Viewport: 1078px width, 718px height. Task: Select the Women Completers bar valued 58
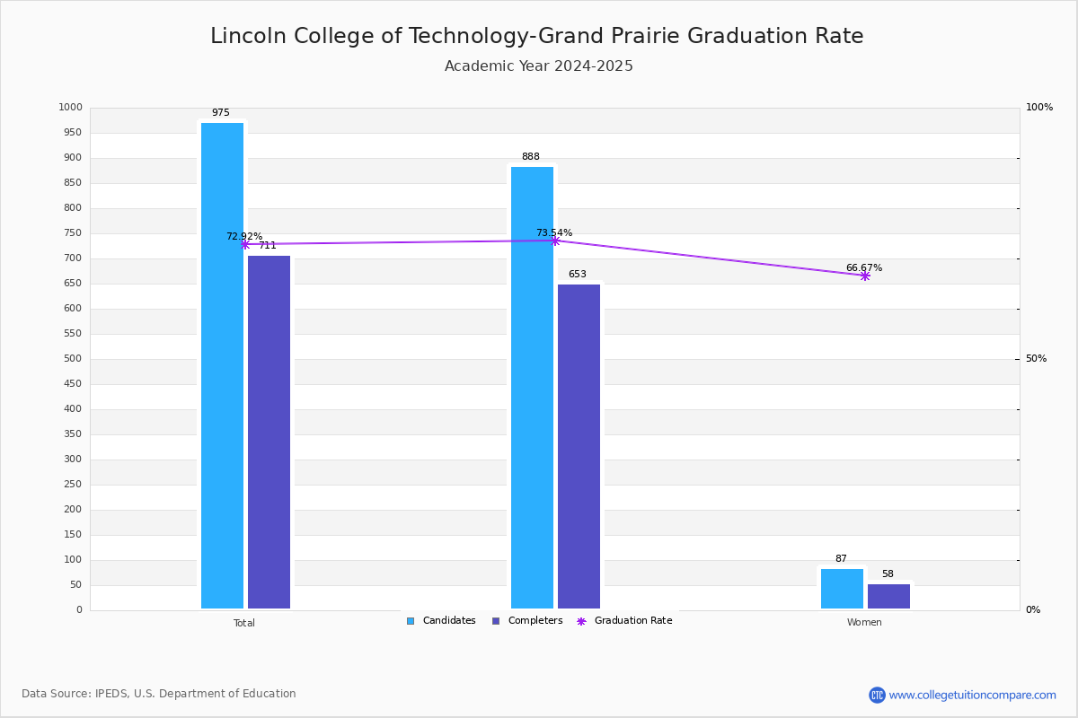coord(888,596)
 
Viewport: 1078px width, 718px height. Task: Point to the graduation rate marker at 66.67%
coord(865,276)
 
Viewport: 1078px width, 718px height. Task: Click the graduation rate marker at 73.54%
coord(555,241)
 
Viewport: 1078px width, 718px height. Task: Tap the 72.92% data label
coord(243,237)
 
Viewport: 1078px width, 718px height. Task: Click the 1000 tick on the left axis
coord(70,108)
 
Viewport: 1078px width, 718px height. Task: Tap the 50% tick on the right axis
coord(1036,359)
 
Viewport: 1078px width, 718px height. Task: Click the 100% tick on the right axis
coord(1039,108)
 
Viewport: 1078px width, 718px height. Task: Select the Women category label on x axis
coord(864,623)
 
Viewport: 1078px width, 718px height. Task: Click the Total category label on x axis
coord(244,623)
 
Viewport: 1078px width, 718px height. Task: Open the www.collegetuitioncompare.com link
coord(972,695)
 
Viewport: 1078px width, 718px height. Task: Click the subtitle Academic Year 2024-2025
coord(539,66)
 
